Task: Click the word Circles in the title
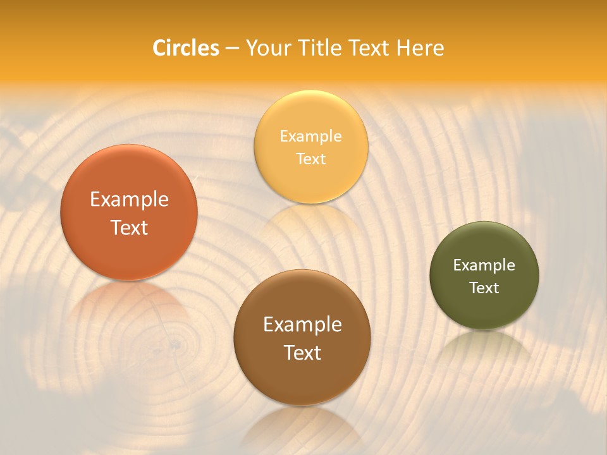tap(186, 48)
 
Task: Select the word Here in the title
tap(421, 48)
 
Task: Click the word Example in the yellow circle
tap(310, 136)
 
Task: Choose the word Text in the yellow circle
tap(310, 159)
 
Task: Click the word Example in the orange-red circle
tap(129, 200)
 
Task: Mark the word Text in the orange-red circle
tap(129, 227)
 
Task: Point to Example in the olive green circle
tap(484, 265)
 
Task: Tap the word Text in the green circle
tap(484, 288)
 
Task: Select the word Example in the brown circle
tap(302, 325)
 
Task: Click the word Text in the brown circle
tap(302, 353)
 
